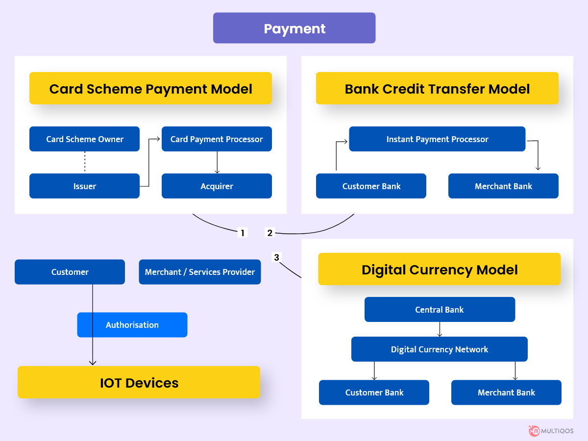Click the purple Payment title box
[294, 28]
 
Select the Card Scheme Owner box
[84, 139]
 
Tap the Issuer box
[84, 186]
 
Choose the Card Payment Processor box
[217, 139]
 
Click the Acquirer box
[217, 186]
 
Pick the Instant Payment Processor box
[437, 139]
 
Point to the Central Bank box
[440, 309]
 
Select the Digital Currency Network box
[440, 349]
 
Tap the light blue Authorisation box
[132, 325]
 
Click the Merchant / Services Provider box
[200, 272]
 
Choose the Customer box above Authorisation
[70, 272]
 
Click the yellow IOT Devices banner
[139, 382]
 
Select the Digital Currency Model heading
[440, 269]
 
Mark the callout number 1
[243, 233]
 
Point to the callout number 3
[277, 257]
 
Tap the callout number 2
[270, 233]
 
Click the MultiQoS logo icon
[535, 431]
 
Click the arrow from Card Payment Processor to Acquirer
[217, 163]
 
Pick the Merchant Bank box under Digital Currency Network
[506, 392]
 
